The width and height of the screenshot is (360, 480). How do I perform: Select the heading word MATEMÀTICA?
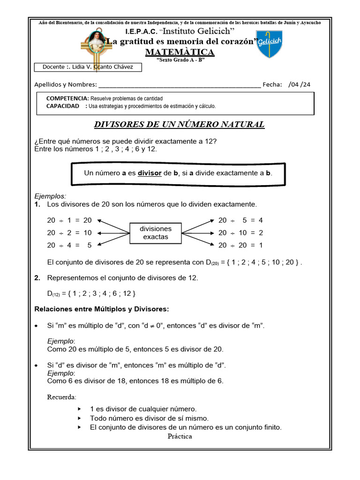coord(180,52)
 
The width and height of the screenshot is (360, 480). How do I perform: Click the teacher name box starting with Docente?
coord(88,67)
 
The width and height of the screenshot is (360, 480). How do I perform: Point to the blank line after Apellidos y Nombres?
coord(180,85)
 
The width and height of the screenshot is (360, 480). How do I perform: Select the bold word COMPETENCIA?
coord(67,98)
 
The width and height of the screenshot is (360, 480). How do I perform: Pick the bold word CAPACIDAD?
coord(63,106)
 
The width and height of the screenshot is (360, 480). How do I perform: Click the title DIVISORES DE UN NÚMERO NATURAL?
coord(180,125)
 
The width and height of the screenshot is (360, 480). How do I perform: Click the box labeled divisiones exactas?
coord(156,233)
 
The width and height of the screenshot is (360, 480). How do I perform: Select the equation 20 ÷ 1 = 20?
coord(69,220)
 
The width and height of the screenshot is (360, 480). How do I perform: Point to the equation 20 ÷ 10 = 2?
coord(241,233)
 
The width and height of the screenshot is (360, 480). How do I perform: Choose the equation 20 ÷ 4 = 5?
coord(69,245)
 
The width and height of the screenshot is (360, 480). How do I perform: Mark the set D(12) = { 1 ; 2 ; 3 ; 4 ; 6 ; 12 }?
coord(92,293)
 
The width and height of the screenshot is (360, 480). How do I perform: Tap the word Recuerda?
coord(61,397)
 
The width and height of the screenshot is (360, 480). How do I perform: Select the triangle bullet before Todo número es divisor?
coord(80,418)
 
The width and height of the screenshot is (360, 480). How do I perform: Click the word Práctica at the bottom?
coord(180,436)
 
